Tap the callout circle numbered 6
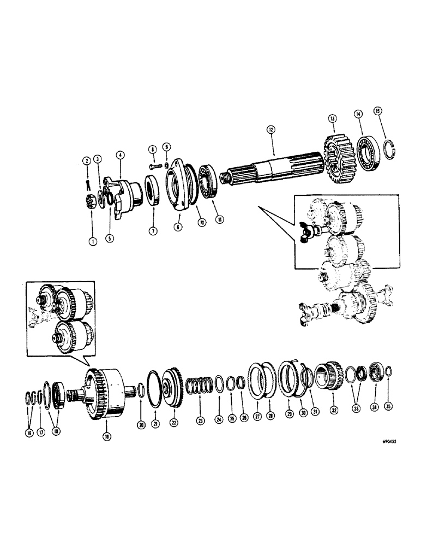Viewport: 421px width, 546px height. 177,227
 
